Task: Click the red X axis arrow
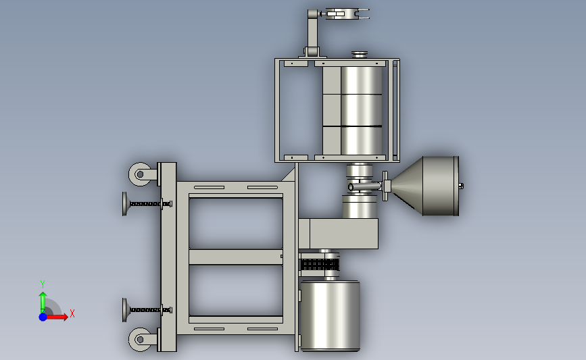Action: click(x=56, y=317)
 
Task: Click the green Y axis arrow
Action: click(x=43, y=303)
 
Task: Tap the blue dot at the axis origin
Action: click(x=43, y=317)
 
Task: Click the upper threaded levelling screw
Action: click(x=147, y=204)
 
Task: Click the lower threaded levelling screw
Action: click(x=147, y=310)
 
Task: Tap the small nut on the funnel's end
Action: click(x=461, y=186)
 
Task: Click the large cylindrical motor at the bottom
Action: click(x=330, y=316)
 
